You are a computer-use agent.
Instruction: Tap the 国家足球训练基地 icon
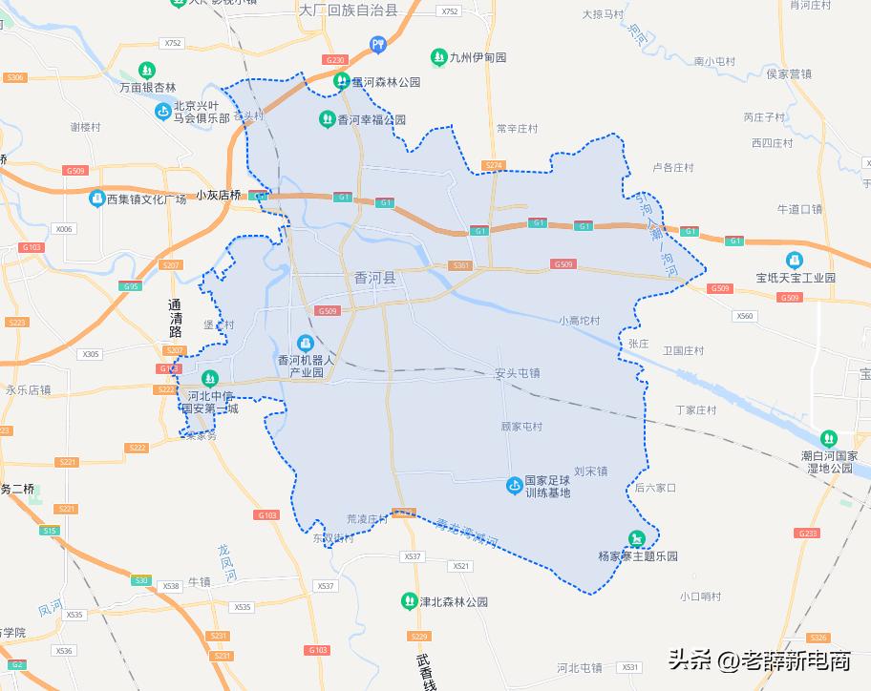515,487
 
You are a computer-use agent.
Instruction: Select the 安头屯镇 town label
518,373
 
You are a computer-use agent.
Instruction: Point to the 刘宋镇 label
590,471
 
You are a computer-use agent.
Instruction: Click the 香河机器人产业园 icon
305,342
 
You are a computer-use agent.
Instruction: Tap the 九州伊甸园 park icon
438,57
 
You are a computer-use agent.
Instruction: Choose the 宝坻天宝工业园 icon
795,260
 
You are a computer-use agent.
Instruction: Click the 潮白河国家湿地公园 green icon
828,438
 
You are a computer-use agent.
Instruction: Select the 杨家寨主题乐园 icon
636,539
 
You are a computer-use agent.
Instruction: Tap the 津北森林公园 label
454,602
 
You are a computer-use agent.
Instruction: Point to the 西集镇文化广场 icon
96,199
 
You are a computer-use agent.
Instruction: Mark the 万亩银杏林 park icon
146,71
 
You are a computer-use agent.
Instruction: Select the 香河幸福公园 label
372,120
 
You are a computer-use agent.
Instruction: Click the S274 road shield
493,165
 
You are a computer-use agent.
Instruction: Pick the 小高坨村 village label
580,321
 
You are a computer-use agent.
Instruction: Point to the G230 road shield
334,60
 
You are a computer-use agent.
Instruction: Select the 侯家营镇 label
789,73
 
